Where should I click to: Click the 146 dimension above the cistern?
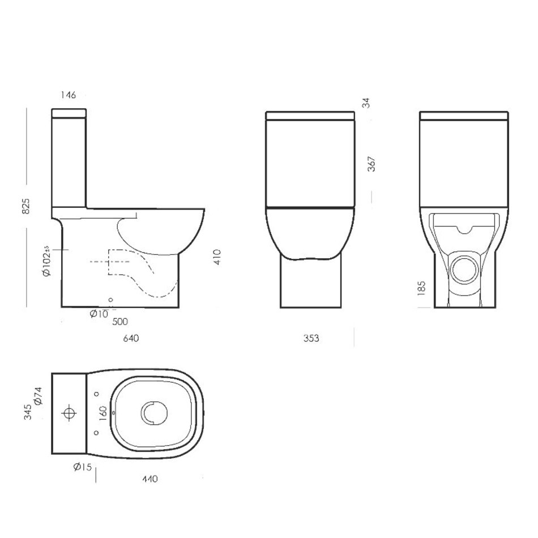coord(68,95)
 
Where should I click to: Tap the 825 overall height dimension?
coord(26,206)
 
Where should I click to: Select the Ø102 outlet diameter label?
coord(46,261)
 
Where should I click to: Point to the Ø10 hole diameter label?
coord(99,314)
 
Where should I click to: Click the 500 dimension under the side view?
coord(120,322)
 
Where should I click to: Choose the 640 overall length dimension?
coord(131,338)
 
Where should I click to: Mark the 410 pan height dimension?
coord(217,257)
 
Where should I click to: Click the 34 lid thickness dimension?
coord(366,103)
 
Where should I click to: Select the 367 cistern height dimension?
coord(372,164)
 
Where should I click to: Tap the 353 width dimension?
coord(311,338)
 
